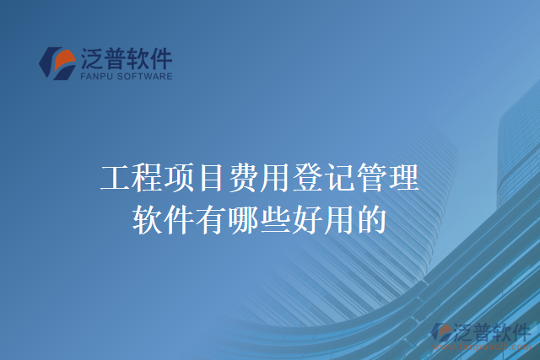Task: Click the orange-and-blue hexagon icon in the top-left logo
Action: coord(58,63)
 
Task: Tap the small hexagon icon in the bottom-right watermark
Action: coord(440,333)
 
